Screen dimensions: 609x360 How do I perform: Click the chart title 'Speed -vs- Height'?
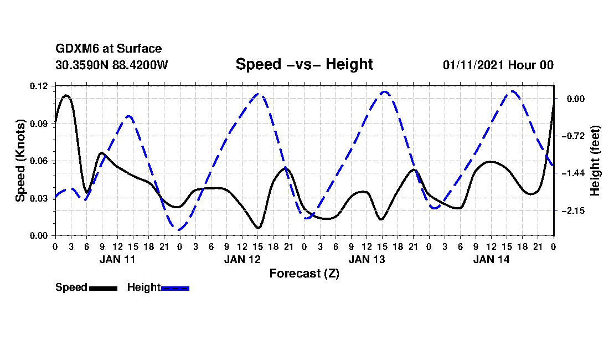click(304, 64)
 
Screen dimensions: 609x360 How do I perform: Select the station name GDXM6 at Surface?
click(109, 49)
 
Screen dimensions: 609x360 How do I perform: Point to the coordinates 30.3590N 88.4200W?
click(111, 65)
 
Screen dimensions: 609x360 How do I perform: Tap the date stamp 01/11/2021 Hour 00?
click(498, 65)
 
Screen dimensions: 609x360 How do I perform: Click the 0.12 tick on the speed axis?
click(39, 86)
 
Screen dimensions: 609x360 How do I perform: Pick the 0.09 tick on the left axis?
click(39, 124)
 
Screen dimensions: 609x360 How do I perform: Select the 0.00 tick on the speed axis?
click(39, 235)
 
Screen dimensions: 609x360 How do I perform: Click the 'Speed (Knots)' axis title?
click(20, 161)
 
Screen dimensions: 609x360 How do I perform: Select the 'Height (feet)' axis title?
click(595, 161)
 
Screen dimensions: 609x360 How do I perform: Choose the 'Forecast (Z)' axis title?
click(304, 274)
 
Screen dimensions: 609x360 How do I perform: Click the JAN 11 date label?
click(117, 259)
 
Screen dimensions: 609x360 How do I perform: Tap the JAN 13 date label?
click(367, 259)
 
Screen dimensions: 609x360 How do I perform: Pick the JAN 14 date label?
click(491, 259)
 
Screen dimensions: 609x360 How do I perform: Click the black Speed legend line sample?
click(103, 288)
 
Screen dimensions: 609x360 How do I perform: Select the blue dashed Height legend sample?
click(175, 288)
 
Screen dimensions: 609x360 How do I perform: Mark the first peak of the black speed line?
click(66, 95)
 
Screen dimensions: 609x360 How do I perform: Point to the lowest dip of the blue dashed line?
click(179, 230)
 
